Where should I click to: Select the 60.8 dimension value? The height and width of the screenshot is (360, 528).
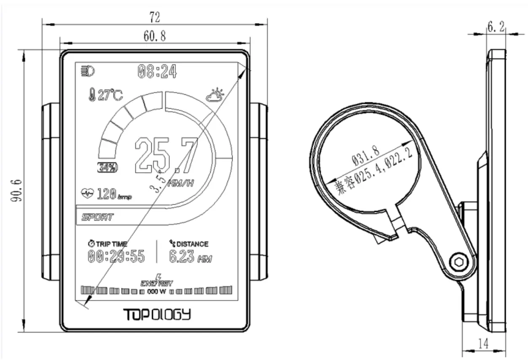click(x=155, y=37)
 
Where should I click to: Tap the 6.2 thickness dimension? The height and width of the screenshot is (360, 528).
click(x=496, y=27)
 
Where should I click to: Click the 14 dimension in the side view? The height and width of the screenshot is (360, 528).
click(x=483, y=344)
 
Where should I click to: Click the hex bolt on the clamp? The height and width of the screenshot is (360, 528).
click(x=458, y=263)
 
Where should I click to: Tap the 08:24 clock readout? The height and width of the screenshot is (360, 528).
click(x=157, y=72)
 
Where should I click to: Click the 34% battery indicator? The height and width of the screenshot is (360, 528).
click(x=107, y=168)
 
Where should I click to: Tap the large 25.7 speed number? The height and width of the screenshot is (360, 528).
click(x=166, y=155)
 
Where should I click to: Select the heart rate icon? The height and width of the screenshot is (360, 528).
click(x=86, y=193)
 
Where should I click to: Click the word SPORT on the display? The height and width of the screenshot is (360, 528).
click(x=98, y=217)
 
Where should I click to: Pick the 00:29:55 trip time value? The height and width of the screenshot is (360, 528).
click(x=116, y=256)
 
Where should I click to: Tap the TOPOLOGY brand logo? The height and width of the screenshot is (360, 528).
click(x=157, y=314)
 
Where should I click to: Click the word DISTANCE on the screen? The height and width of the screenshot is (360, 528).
click(x=192, y=243)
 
